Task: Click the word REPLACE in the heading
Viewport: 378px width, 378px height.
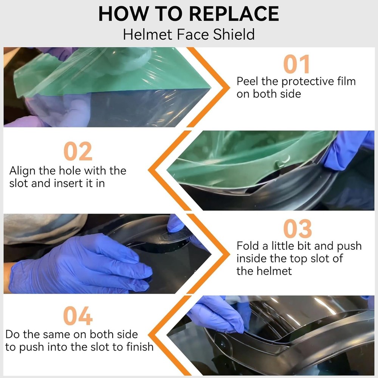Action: (x=234, y=14)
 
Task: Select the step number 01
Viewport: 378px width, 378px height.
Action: (x=296, y=64)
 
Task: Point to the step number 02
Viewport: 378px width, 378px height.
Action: (x=78, y=151)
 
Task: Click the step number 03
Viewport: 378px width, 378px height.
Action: (x=297, y=229)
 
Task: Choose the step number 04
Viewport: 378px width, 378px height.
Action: (x=78, y=316)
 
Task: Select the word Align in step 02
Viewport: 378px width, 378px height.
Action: (x=23, y=171)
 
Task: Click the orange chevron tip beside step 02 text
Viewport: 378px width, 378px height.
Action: (x=149, y=170)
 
